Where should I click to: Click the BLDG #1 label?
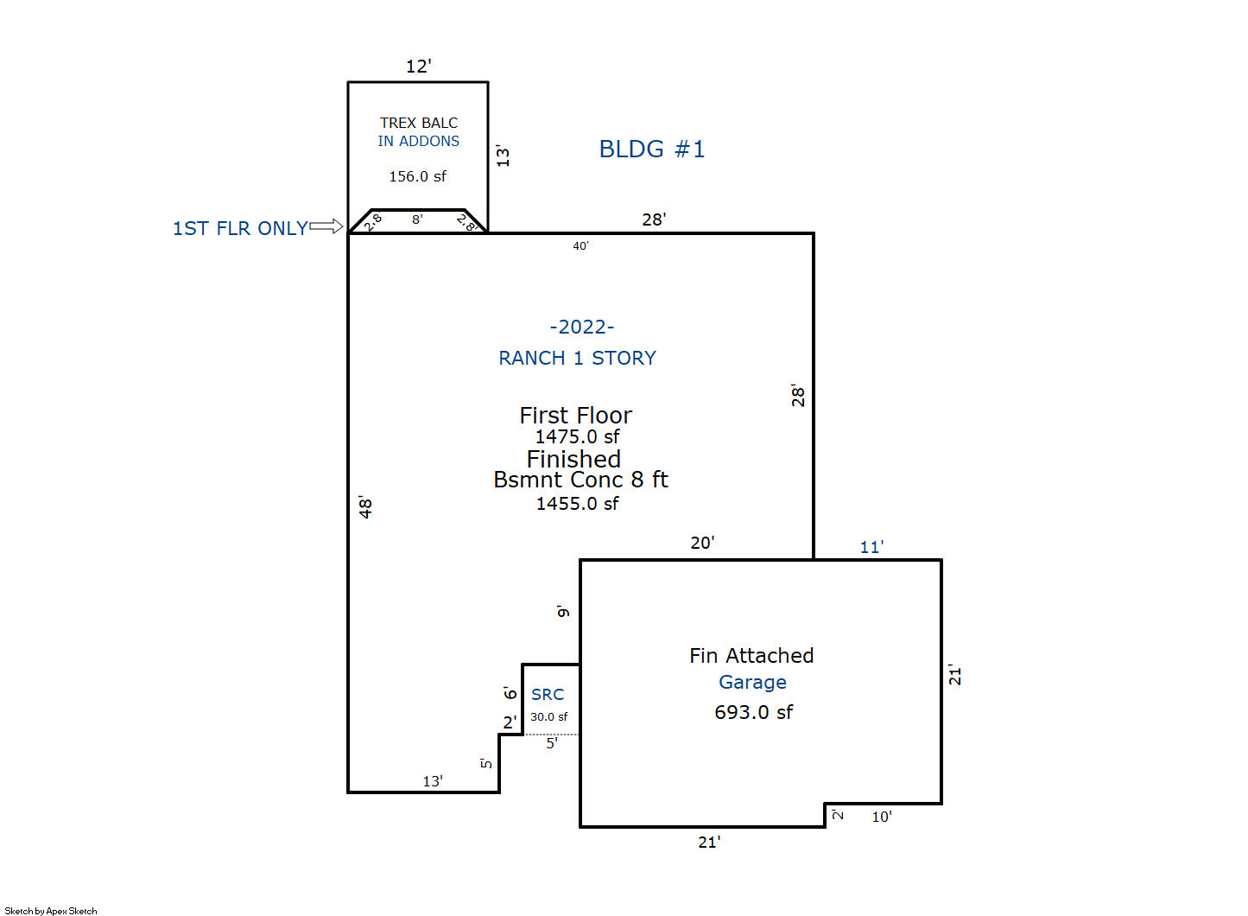pyautogui.click(x=652, y=149)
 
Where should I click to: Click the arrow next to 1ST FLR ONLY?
pyautogui.click(x=326, y=226)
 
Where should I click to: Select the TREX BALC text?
pyautogui.click(x=419, y=123)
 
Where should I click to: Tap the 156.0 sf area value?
pyautogui.click(x=417, y=176)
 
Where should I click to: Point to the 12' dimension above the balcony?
pyautogui.click(x=419, y=67)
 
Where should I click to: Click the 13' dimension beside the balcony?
pyautogui.click(x=503, y=156)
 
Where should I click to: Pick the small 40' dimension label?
pyautogui.click(x=580, y=246)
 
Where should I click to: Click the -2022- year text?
pyautogui.click(x=582, y=327)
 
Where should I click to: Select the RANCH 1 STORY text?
pyautogui.click(x=577, y=358)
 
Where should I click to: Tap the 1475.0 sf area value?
pyautogui.click(x=577, y=436)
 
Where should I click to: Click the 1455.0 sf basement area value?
pyautogui.click(x=577, y=504)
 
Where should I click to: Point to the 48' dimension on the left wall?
pyautogui.click(x=365, y=507)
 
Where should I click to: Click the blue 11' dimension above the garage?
pyautogui.click(x=871, y=547)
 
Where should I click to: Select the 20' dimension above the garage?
pyautogui.click(x=702, y=543)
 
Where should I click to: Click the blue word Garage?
pyautogui.click(x=752, y=683)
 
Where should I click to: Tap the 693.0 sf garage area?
pyautogui.click(x=753, y=712)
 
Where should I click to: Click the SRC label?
pyautogui.click(x=548, y=695)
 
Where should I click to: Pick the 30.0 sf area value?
pyautogui.click(x=548, y=716)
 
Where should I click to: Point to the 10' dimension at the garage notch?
pyautogui.click(x=882, y=817)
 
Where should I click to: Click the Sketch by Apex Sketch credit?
pyautogui.click(x=51, y=911)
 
